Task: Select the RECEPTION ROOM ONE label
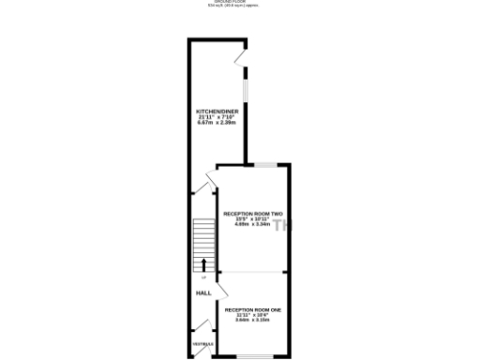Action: (x=252, y=308)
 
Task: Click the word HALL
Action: (x=202, y=293)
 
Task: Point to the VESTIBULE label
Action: (x=202, y=345)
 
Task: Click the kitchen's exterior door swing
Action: (x=241, y=55)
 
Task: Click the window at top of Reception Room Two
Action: (x=265, y=165)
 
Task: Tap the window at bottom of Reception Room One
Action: (x=251, y=356)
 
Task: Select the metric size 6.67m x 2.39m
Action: (x=215, y=122)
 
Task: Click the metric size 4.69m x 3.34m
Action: (x=252, y=225)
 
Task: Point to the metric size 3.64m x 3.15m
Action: (x=252, y=320)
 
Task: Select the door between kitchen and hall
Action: (x=208, y=184)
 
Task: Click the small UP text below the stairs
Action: (x=202, y=277)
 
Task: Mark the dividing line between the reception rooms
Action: (x=251, y=272)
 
